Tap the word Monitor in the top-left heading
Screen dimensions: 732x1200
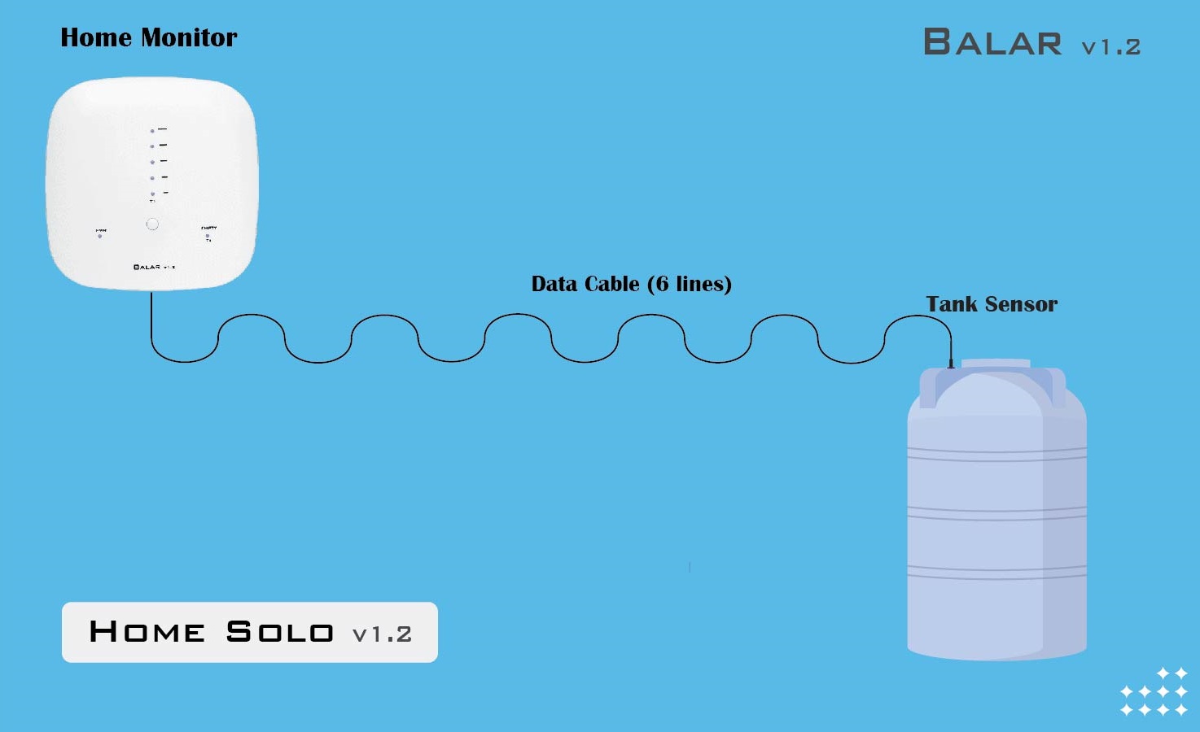click(x=189, y=37)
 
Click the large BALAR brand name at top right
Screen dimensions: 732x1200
click(x=992, y=42)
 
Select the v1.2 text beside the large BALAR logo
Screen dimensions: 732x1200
click(x=1110, y=47)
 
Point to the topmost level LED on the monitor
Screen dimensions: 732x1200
click(x=152, y=131)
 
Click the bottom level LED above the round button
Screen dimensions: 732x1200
click(x=152, y=194)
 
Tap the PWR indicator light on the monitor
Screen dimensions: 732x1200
click(x=100, y=237)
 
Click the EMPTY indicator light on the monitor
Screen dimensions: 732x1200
click(x=208, y=236)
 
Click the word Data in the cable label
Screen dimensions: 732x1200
click(x=554, y=284)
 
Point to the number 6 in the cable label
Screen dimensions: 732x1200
click(x=662, y=284)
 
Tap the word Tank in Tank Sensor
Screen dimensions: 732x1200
click(x=951, y=304)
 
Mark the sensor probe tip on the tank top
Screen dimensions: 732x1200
click(x=950, y=364)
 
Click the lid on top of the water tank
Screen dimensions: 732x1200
click(x=995, y=364)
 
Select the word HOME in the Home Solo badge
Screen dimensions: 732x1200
click(x=147, y=632)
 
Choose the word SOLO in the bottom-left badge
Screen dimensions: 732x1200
click(x=279, y=632)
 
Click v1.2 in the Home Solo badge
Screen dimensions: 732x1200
click(x=382, y=634)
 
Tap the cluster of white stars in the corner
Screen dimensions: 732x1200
click(x=1154, y=692)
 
